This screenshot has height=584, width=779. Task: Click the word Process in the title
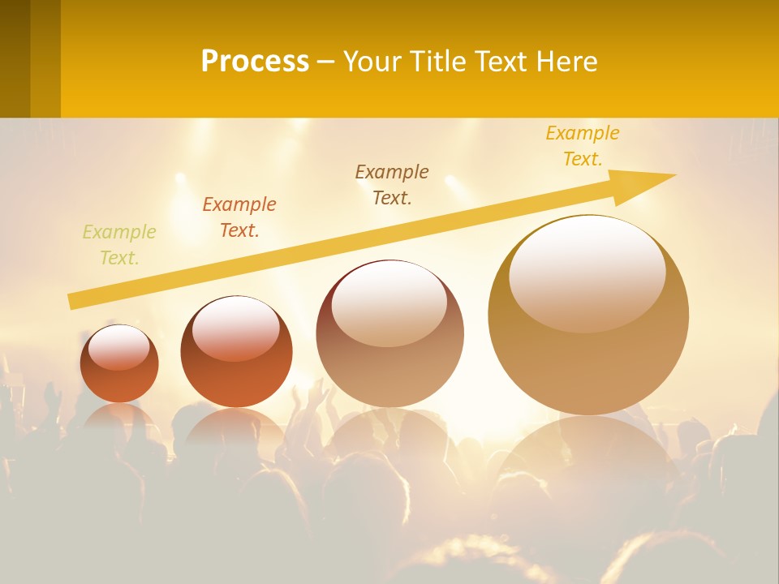coord(255,62)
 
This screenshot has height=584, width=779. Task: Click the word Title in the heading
coord(438,62)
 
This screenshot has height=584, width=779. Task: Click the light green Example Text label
coord(118,245)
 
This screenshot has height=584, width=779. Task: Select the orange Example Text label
coord(239,217)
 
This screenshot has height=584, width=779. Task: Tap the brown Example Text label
coord(392,185)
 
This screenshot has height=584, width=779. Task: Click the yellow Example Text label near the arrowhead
coord(583,146)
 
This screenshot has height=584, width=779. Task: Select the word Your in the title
coord(373,62)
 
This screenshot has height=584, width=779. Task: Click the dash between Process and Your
coord(325,62)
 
